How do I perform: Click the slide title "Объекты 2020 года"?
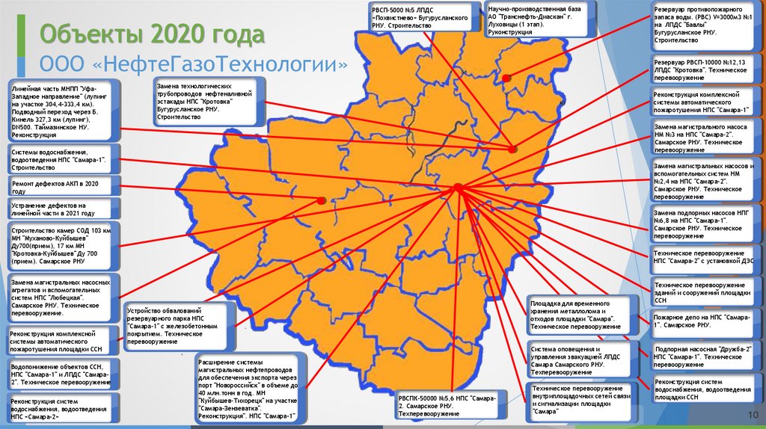(x=152, y=34)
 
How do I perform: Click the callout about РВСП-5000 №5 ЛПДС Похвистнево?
(x=419, y=16)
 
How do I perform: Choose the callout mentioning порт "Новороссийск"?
(x=248, y=389)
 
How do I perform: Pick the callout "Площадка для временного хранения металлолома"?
(x=575, y=314)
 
